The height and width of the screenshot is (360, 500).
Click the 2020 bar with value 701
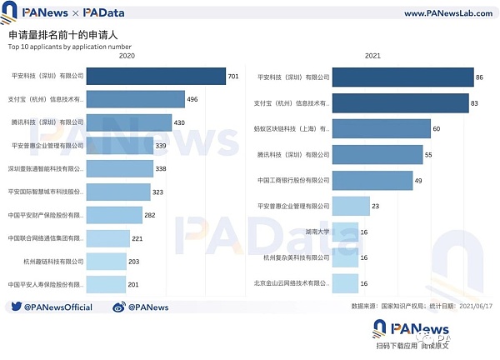pyautogui.click(x=156, y=76)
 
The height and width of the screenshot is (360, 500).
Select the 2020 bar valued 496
pyautogui.click(x=136, y=99)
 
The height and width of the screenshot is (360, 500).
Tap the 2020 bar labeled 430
pyautogui.click(x=128, y=122)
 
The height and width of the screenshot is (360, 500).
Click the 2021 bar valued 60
pyautogui.click(x=382, y=128)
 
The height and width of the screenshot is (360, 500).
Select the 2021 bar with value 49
pyautogui.click(x=373, y=180)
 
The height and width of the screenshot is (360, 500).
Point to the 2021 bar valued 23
pyautogui.click(x=352, y=206)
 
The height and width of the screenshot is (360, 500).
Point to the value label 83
pyautogui.click(x=473, y=102)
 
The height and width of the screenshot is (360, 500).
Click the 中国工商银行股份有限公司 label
pyautogui.click(x=293, y=180)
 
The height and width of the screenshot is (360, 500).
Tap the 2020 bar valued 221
pyautogui.click(x=108, y=237)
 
